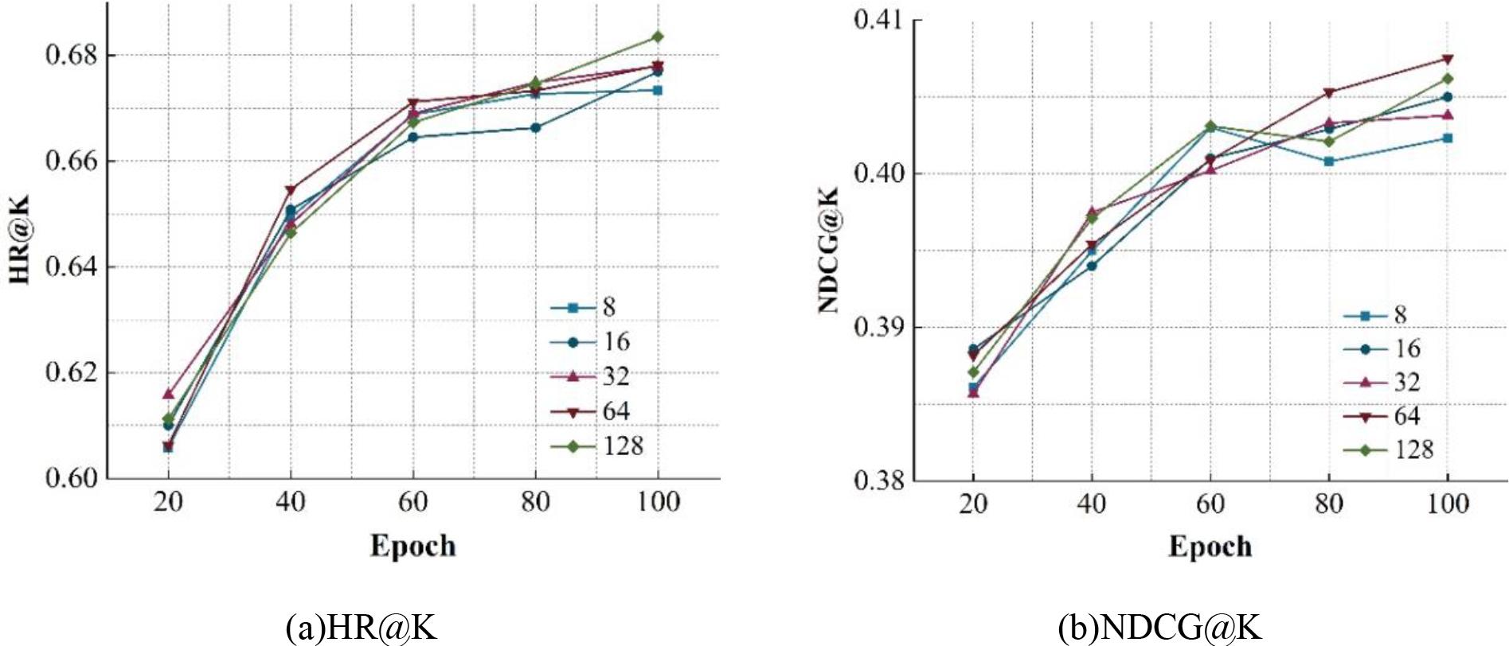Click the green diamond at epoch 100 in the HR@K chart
(x=658, y=37)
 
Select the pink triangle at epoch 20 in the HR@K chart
(x=168, y=394)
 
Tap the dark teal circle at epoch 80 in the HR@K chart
(x=535, y=127)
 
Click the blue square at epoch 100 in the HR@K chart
(x=658, y=90)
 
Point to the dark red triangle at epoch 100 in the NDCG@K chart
(x=1448, y=59)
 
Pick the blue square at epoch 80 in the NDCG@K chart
(x=1328, y=161)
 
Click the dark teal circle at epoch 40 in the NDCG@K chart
(x=1092, y=266)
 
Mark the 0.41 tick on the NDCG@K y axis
(x=879, y=19)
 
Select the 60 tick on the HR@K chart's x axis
(x=412, y=502)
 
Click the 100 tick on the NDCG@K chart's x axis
(x=1447, y=504)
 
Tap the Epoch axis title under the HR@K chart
(x=412, y=546)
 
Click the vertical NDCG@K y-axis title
(x=829, y=250)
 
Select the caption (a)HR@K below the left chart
(x=362, y=628)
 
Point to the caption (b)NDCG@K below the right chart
(x=1159, y=628)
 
